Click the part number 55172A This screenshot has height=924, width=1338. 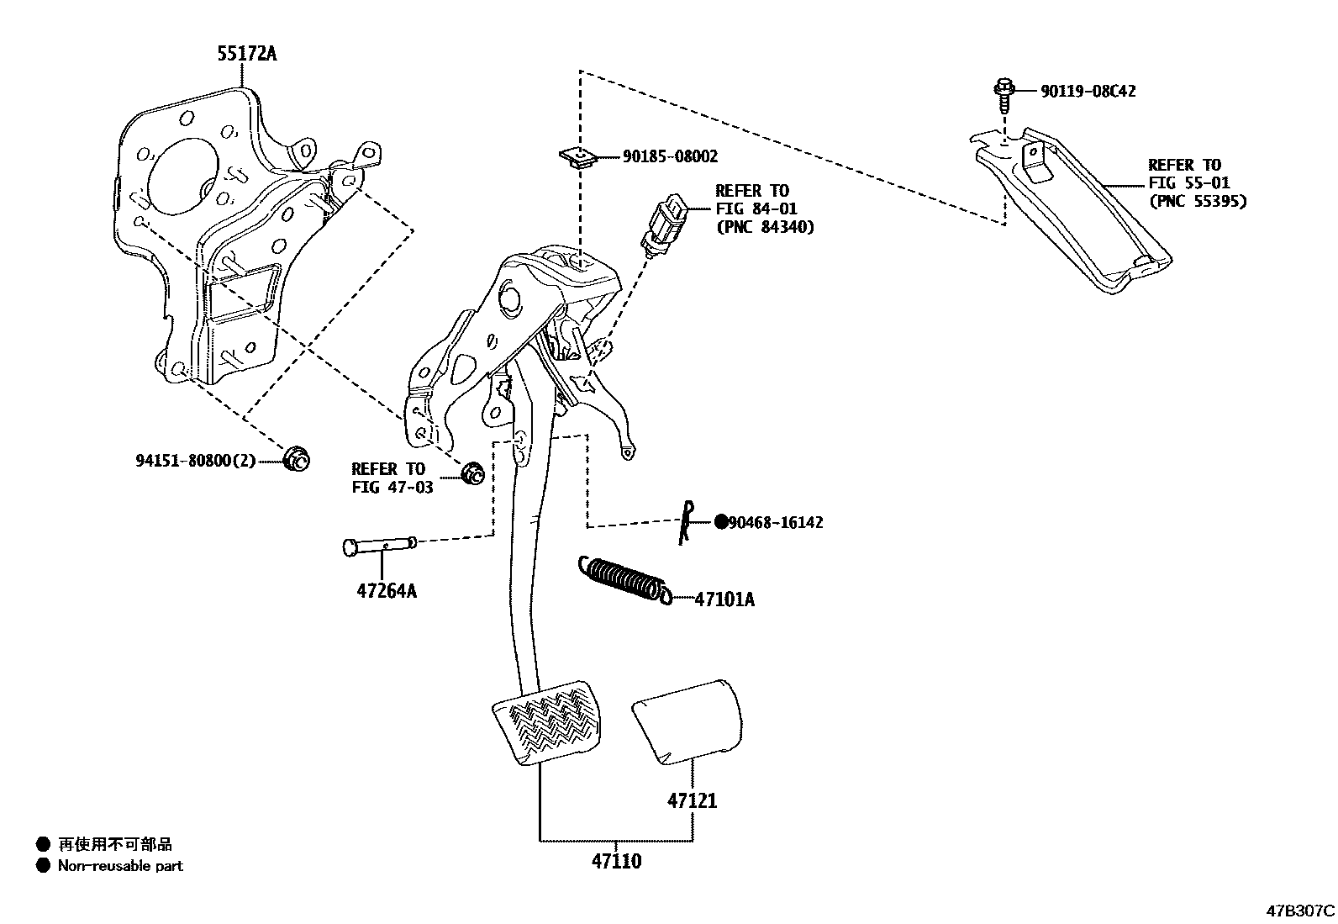[x=247, y=54]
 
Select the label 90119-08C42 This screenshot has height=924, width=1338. [x=1088, y=91]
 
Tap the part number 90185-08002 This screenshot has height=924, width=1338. [x=670, y=156]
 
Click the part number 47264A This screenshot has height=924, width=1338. [x=387, y=590]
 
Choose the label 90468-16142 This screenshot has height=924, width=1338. [x=776, y=522]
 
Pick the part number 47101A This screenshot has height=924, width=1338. [x=724, y=599]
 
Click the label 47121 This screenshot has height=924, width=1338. [x=693, y=800]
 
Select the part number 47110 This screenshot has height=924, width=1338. [x=615, y=861]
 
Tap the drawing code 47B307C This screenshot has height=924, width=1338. [x=1300, y=910]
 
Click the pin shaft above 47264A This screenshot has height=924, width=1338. [x=379, y=546]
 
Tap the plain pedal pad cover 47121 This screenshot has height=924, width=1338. [x=687, y=721]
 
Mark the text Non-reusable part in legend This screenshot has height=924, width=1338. [x=120, y=865]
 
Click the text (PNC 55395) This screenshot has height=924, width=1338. [x=1198, y=201]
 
